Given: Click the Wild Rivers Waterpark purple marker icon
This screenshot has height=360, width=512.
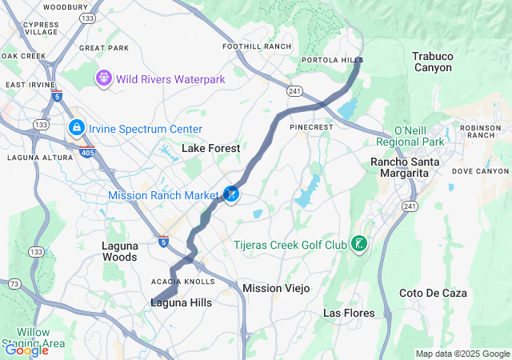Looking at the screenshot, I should click(x=103, y=78).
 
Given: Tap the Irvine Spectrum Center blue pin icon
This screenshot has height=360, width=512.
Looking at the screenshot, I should click(x=76, y=127).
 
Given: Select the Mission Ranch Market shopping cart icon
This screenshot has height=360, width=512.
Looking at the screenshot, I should click(x=231, y=194).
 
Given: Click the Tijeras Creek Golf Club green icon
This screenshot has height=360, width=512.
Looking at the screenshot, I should click(x=359, y=243).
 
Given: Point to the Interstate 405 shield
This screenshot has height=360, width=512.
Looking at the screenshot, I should click(x=86, y=150).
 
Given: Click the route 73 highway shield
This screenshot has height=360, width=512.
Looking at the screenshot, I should click(x=14, y=284).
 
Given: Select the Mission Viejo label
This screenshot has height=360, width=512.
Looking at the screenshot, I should click(x=274, y=288).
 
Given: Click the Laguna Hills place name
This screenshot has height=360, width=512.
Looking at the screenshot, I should click(x=182, y=302).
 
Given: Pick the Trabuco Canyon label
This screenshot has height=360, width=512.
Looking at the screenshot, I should click(x=432, y=62).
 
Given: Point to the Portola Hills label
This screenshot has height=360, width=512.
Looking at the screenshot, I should click(x=331, y=60).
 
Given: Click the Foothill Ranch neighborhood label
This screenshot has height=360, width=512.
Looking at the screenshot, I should click(x=257, y=46).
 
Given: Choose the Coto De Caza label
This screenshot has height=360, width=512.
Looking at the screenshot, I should click(x=432, y=293).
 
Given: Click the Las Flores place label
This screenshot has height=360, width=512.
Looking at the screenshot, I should click(x=348, y=312).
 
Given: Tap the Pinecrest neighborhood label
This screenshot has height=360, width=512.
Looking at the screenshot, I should click(x=310, y=126).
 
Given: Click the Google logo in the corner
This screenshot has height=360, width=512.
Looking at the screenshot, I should click(x=26, y=350).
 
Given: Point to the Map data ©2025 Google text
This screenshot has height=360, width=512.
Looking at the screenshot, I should click(x=462, y=354).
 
